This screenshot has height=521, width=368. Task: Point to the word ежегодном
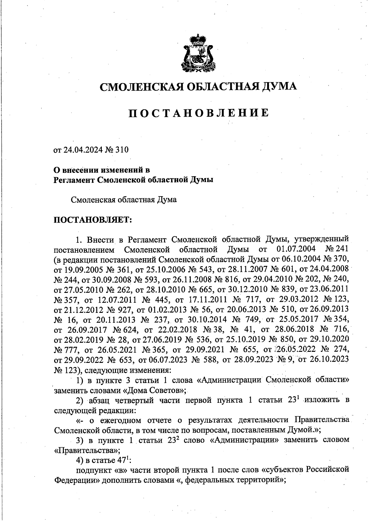121,420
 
